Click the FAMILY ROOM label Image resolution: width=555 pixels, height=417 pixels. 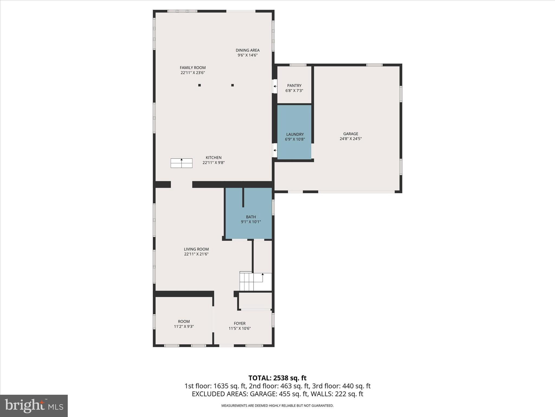tap(193, 68)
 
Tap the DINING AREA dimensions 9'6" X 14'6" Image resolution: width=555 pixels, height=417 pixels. tap(247, 55)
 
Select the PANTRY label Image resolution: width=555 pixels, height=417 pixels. tap(294, 86)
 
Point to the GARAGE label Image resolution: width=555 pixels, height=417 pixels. tap(350, 134)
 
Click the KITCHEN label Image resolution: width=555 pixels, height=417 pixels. tap(214, 157)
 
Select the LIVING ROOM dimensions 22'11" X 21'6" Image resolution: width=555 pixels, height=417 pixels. tap(196, 254)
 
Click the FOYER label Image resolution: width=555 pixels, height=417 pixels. tap(240, 323)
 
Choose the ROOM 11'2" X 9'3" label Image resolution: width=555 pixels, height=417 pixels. tap(184, 324)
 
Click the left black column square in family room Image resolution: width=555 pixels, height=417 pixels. tap(199, 85)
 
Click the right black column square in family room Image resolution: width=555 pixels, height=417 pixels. tap(233, 85)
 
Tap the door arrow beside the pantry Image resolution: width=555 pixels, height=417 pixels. tap(275, 86)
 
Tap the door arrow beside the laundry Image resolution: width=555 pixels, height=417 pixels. tap(275, 150)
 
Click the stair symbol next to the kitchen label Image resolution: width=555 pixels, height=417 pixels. tap(181, 163)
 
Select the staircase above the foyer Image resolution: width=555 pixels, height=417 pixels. tap(255, 282)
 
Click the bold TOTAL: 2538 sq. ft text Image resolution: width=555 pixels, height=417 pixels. tap(277, 378)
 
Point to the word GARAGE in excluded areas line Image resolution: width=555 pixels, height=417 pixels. tap(262, 394)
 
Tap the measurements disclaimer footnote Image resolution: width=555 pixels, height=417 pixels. tap(277, 406)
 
